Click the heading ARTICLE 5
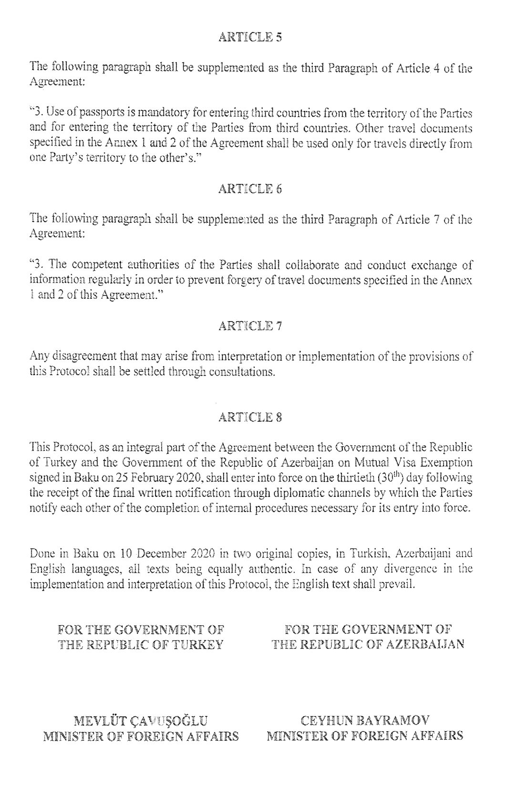point(250,37)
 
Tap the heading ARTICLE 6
point(250,189)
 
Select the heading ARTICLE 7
point(250,326)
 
